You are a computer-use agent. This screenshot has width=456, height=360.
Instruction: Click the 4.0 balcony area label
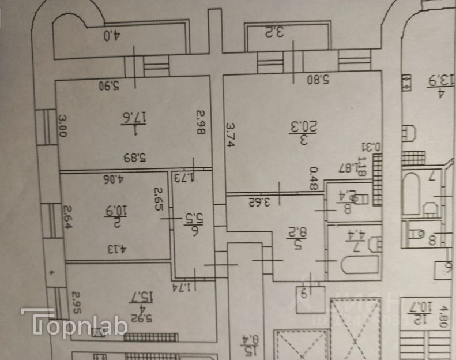tap(110, 36)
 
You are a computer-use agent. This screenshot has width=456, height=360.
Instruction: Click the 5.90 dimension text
tap(108, 86)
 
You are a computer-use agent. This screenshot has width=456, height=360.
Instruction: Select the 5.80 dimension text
tap(318, 80)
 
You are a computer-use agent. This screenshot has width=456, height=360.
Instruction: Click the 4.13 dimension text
tap(116, 251)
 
